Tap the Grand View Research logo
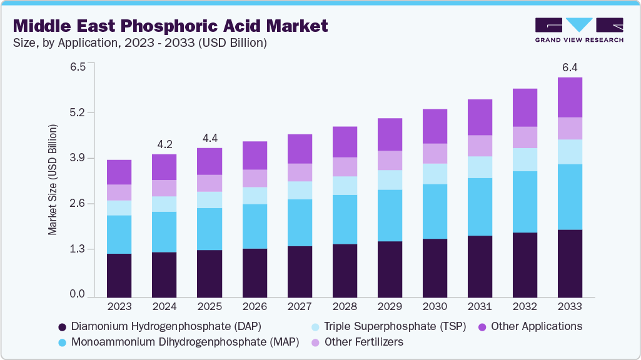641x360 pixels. tap(579, 29)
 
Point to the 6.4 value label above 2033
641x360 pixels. tap(569, 67)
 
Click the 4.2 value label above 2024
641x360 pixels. tap(164, 144)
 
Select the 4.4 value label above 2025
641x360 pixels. tap(209, 138)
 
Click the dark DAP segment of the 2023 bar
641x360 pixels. tap(119, 275)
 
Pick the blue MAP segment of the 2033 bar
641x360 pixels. tap(569, 197)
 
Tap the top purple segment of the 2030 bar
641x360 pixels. tap(434, 126)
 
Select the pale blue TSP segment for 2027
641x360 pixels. tap(299, 190)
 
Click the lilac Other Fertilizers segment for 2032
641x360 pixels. tap(524, 137)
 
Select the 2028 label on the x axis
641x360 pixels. tap(345, 307)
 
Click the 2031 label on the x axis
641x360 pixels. tap(480, 307)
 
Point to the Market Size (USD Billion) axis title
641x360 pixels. tap(53, 179)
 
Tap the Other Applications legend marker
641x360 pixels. tap(483, 326)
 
